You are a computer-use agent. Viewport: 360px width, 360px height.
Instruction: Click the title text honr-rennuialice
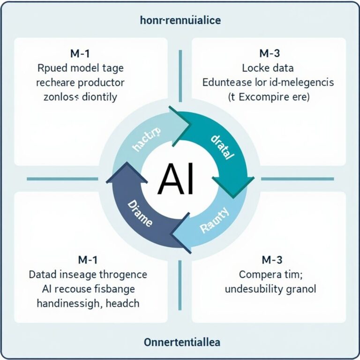180,21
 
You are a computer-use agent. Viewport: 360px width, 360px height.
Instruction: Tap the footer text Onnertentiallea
180,340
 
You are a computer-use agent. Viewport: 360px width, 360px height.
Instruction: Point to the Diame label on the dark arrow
139,213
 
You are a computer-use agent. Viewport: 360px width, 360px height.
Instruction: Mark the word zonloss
58,98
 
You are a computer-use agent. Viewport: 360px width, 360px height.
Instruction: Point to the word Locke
255,68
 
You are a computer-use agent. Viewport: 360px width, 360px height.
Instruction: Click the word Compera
258,274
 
